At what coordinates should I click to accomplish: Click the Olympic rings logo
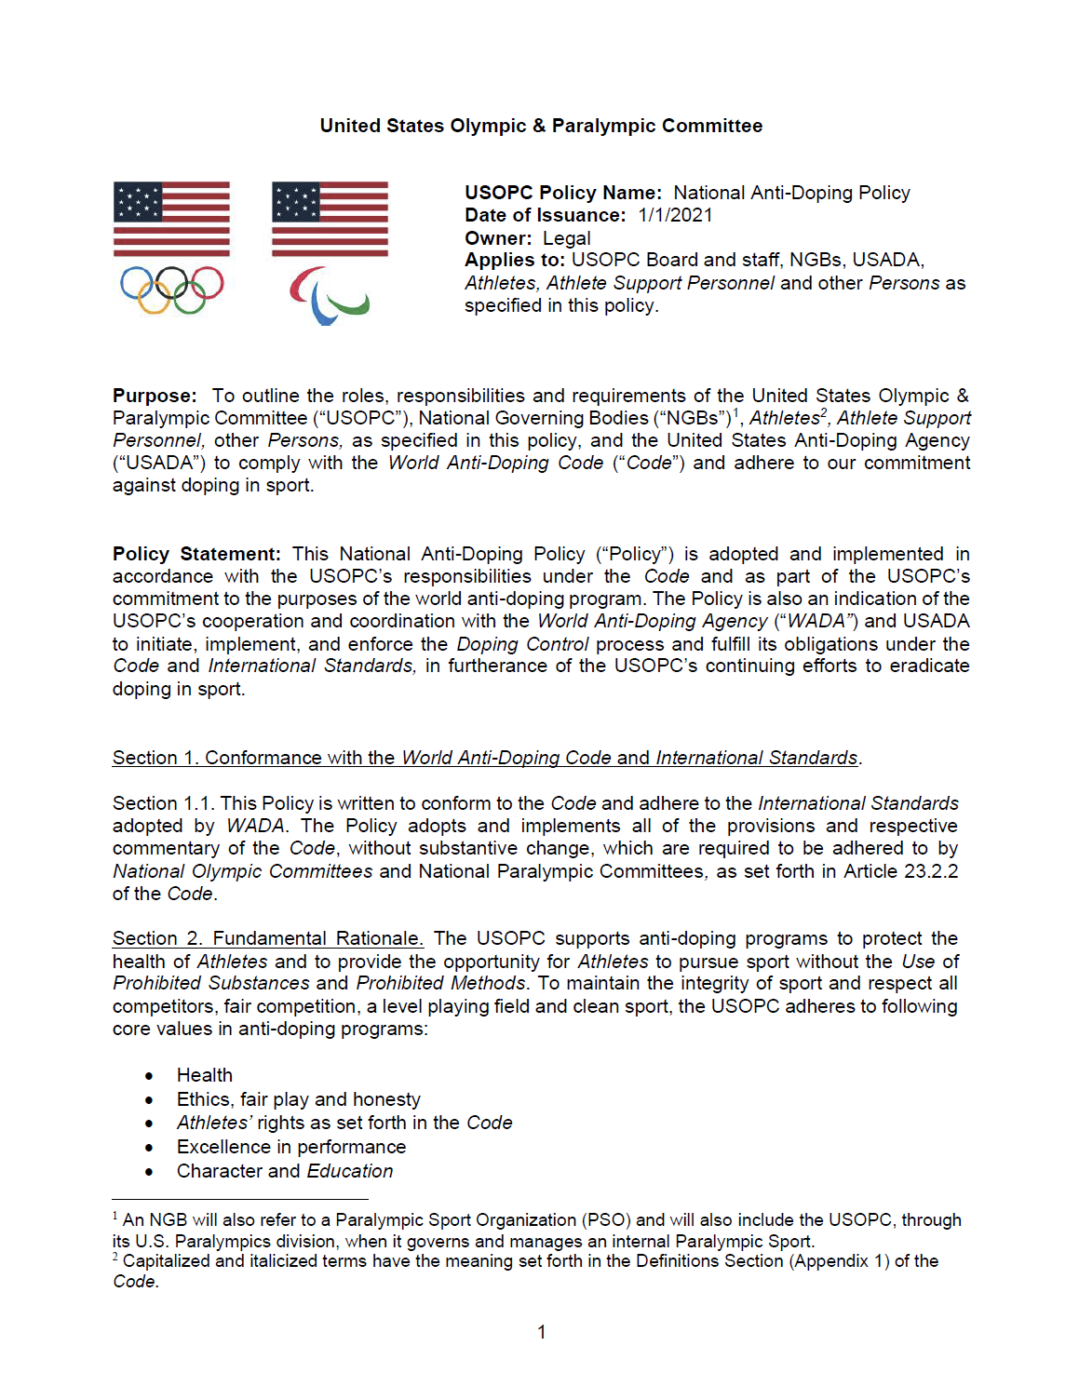(172, 289)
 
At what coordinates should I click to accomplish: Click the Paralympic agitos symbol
(329, 295)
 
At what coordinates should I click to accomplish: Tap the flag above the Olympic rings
(172, 219)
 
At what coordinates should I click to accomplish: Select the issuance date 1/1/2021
(675, 216)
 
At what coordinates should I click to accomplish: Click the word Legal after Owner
(566, 238)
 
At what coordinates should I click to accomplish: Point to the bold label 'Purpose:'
(155, 396)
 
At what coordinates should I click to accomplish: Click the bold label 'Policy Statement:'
(196, 554)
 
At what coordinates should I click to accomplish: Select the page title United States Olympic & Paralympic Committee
(541, 126)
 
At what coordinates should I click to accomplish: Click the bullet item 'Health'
(205, 1075)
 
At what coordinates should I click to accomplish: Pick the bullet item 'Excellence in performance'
(291, 1147)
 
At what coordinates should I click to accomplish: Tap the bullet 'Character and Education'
(285, 1171)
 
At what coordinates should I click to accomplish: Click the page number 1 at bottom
(542, 1332)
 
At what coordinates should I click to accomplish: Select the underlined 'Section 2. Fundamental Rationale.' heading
(268, 938)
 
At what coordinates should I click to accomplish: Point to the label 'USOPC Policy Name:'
(563, 193)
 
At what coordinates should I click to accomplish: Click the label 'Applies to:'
(515, 261)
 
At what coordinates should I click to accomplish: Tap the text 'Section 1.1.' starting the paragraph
(164, 803)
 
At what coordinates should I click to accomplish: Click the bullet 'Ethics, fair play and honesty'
(299, 1099)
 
